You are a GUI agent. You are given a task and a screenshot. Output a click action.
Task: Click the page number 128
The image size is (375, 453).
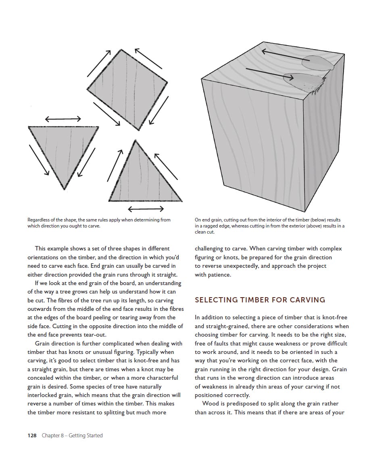tap(32, 435)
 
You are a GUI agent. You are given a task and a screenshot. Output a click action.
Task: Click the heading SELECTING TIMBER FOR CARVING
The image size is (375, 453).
tap(260, 300)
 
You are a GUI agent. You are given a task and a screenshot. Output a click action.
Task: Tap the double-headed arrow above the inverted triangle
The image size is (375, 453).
tap(63, 118)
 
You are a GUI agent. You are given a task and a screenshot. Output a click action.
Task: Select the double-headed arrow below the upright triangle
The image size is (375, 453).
tap(146, 209)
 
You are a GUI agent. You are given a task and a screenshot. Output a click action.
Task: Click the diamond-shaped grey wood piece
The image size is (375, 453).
tap(127, 89)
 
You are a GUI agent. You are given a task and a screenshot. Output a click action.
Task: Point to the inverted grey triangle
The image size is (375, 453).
tap(63, 149)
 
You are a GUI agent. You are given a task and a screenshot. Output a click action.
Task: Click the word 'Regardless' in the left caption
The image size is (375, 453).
tap(39, 220)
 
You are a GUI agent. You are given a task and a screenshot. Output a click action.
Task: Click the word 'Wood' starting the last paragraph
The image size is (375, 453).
tap(210, 403)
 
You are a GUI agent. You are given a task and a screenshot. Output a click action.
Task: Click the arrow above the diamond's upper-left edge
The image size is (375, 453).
tap(99, 63)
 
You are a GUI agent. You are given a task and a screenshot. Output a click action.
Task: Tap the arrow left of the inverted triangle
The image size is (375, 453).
tap(39, 159)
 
